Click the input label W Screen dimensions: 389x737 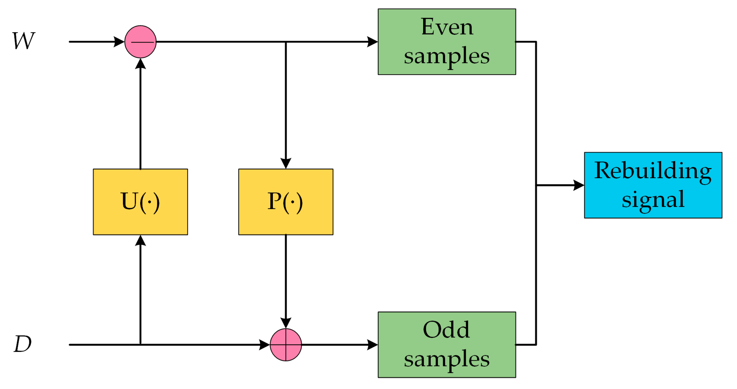click(23, 41)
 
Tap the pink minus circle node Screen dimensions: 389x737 click(140, 42)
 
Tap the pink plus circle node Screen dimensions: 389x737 click(286, 345)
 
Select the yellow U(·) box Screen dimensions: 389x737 click(140, 202)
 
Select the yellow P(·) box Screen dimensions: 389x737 click(286, 202)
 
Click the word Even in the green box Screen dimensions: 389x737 click(447, 27)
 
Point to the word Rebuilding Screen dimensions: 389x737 click(653, 171)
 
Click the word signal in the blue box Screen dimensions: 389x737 click(653, 200)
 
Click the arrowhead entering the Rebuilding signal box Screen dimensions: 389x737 click(579, 185)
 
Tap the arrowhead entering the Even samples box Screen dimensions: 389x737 click(372, 42)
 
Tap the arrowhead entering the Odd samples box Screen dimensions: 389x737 click(372, 345)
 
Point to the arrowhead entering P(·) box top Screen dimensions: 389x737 click(286, 163)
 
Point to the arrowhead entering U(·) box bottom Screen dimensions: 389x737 click(140, 241)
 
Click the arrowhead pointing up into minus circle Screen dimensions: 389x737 click(140, 64)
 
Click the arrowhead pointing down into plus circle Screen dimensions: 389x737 click(286, 323)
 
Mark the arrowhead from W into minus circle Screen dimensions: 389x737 click(119, 42)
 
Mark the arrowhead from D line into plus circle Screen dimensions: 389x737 click(264, 345)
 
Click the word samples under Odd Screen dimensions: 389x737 click(447, 358)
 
